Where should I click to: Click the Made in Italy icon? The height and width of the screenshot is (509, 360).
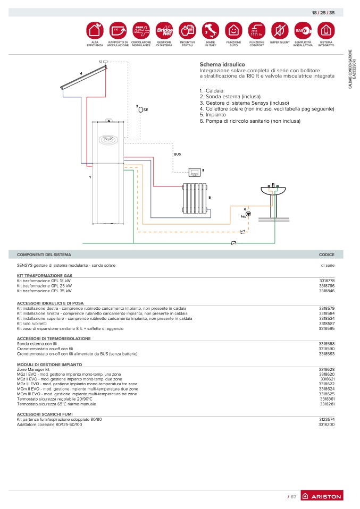(210, 30)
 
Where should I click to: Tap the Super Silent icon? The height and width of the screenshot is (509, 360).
(280, 30)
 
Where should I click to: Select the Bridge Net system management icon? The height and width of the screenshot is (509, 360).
(164, 30)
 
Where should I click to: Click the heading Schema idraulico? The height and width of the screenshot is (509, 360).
(222, 65)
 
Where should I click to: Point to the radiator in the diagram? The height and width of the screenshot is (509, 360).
(195, 199)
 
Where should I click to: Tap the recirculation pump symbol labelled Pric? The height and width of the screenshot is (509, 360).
(248, 214)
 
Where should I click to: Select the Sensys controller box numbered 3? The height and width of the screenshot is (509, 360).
(195, 172)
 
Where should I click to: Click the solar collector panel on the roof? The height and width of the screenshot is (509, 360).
(83, 77)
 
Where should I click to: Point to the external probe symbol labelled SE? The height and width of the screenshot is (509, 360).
(141, 110)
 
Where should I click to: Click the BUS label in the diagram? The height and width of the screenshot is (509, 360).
(178, 154)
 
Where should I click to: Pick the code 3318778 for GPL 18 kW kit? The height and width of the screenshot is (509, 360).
(326, 281)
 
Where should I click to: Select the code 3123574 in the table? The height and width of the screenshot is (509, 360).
(326, 419)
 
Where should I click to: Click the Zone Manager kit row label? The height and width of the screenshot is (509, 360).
(33, 369)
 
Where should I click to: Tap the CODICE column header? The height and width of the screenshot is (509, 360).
(326, 255)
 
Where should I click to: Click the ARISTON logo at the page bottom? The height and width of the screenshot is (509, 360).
(322, 496)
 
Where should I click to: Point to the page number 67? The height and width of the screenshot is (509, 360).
(292, 497)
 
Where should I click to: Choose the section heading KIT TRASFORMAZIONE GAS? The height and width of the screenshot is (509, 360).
(45, 276)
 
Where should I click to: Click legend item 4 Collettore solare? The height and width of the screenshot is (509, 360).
(267, 109)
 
